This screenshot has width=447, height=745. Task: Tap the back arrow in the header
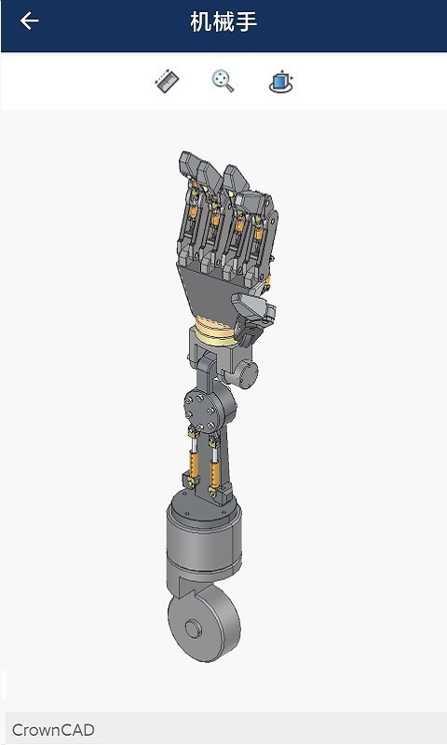pos(30,21)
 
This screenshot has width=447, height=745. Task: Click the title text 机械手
pos(223,21)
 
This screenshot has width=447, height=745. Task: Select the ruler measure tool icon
pos(166,82)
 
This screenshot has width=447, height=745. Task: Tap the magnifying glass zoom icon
pos(223,82)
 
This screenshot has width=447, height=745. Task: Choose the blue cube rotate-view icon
pos(280,82)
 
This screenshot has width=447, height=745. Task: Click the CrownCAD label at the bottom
pos(53,730)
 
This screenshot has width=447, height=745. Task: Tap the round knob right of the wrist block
pos(249,372)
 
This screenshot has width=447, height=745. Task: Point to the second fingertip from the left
pos(209,171)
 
